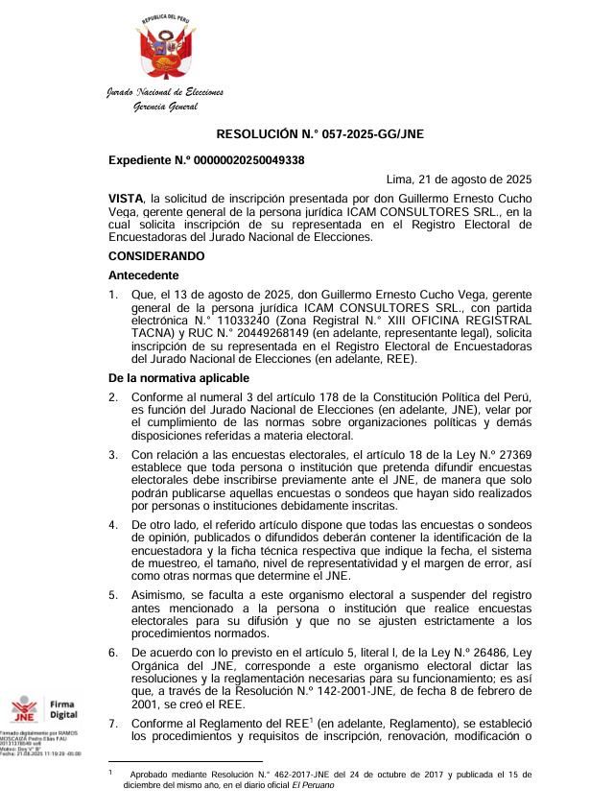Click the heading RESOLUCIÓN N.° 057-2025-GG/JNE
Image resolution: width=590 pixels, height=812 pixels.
[319, 136]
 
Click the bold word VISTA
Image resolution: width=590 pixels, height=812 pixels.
[126, 197]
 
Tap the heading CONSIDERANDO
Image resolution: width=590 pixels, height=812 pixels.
[156, 256]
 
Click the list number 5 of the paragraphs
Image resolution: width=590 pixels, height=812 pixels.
[113, 594]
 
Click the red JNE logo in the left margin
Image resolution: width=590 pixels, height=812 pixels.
[24, 711]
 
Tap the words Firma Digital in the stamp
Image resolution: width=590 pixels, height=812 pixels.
[63, 708]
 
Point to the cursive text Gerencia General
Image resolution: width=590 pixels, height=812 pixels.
[165, 106]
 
